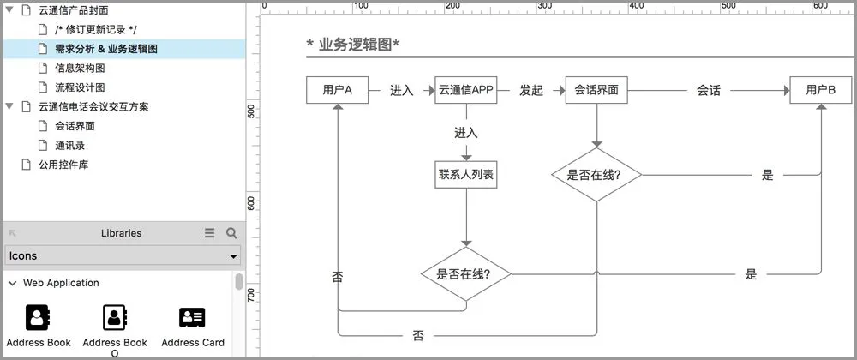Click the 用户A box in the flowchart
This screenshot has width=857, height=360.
(338, 90)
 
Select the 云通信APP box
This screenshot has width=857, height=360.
(466, 90)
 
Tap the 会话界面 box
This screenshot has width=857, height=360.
(596, 90)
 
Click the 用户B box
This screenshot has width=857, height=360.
(820, 90)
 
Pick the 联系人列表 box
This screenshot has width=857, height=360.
(466, 175)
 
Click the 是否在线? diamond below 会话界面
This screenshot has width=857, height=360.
(596, 175)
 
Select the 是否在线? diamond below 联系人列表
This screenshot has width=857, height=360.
(466, 274)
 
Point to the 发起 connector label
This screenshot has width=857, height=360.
(531, 90)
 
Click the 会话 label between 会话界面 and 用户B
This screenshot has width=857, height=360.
(709, 90)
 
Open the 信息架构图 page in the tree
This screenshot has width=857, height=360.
(80, 68)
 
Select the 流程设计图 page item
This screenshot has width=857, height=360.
(80, 87)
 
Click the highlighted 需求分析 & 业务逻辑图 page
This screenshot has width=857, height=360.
(105, 49)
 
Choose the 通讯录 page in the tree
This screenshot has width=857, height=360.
(69, 145)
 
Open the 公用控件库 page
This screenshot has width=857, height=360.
(63, 164)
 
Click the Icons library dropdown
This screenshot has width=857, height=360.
(123, 255)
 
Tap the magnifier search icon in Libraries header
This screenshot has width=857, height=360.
(231, 233)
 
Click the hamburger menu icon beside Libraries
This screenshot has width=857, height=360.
(210, 233)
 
